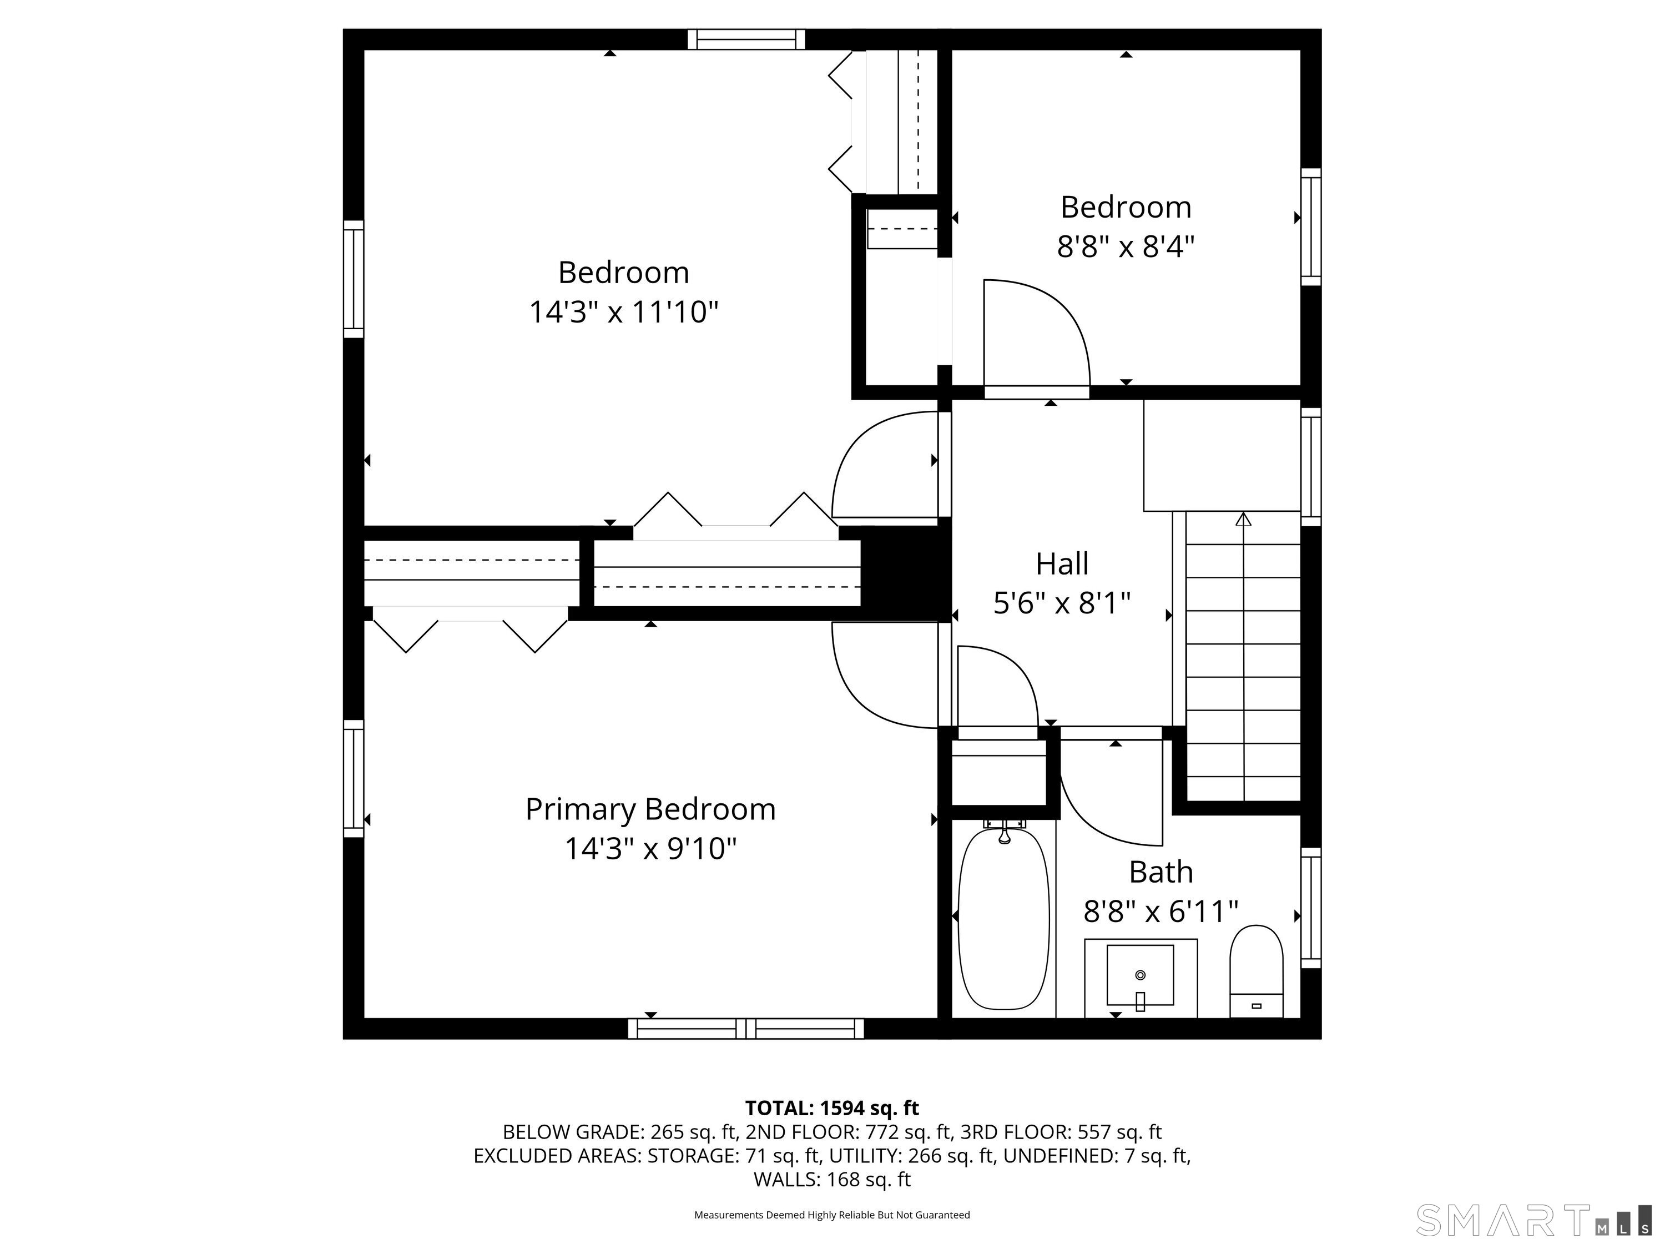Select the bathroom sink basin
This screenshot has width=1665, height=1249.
pyautogui.click(x=1139, y=975)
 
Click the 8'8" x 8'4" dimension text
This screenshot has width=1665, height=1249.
pyautogui.click(x=1126, y=246)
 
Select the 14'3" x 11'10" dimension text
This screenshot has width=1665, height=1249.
pyautogui.click(x=623, y=311)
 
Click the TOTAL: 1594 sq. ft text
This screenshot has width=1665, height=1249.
pyautogui.click(x=832, y=1108)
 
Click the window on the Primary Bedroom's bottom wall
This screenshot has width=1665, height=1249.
pyautogui.click(x=746, y=1029)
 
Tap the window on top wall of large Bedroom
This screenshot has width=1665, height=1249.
pyautogui.click(x=746, y=39)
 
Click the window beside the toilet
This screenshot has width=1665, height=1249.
pyautogui.click(x=1310, y=908)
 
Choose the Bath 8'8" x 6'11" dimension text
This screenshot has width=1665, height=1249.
pyautogui.click(x=1160, y=911)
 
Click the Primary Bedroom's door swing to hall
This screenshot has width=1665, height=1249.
pyautogui.click(x=881, y=678)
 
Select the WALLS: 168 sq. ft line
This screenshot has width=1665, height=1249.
pyautogui.click(x=832, y=1179)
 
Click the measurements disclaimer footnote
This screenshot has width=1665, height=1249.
pyautogui.click(x=832, y=1215)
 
